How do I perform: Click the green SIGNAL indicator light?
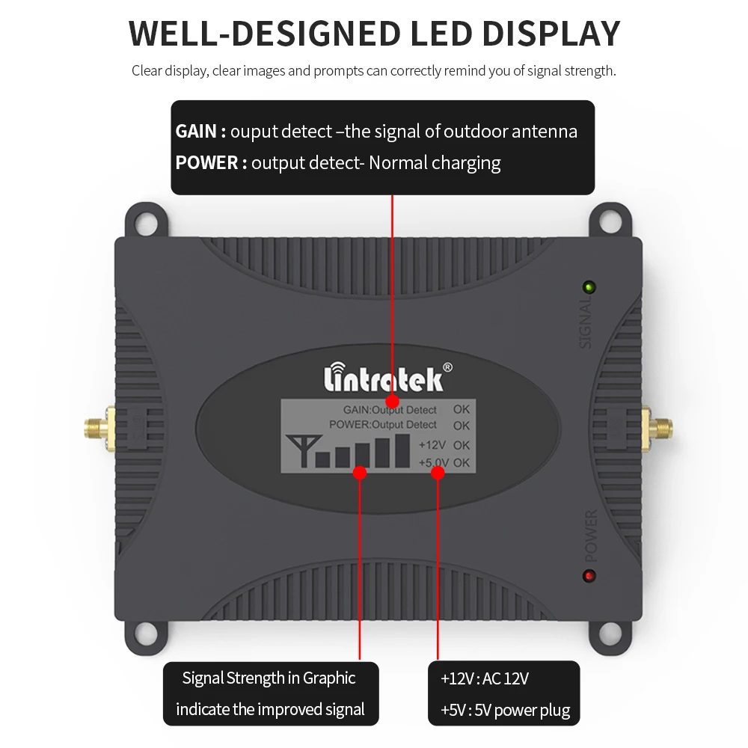click(x=589, y=286)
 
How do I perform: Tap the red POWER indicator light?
click(x=589, y=576)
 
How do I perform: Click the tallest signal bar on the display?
click(x=382, y=451)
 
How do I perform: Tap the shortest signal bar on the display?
click(x=324, y=457)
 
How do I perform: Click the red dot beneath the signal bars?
click(x=360, y=473)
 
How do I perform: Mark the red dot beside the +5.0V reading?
click(x=437, y=473)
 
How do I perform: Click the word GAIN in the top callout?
click(x=196, y=132)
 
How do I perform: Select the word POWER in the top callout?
click(x=206, y=162)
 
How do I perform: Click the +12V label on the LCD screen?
click(x=432, y=445)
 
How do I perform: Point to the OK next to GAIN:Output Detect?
click(x=462, y=409)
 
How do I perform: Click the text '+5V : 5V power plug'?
click(x=505, y=710)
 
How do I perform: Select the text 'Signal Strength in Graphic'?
click(x=269, y=678)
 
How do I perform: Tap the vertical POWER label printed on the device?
click(x=591, y=536)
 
